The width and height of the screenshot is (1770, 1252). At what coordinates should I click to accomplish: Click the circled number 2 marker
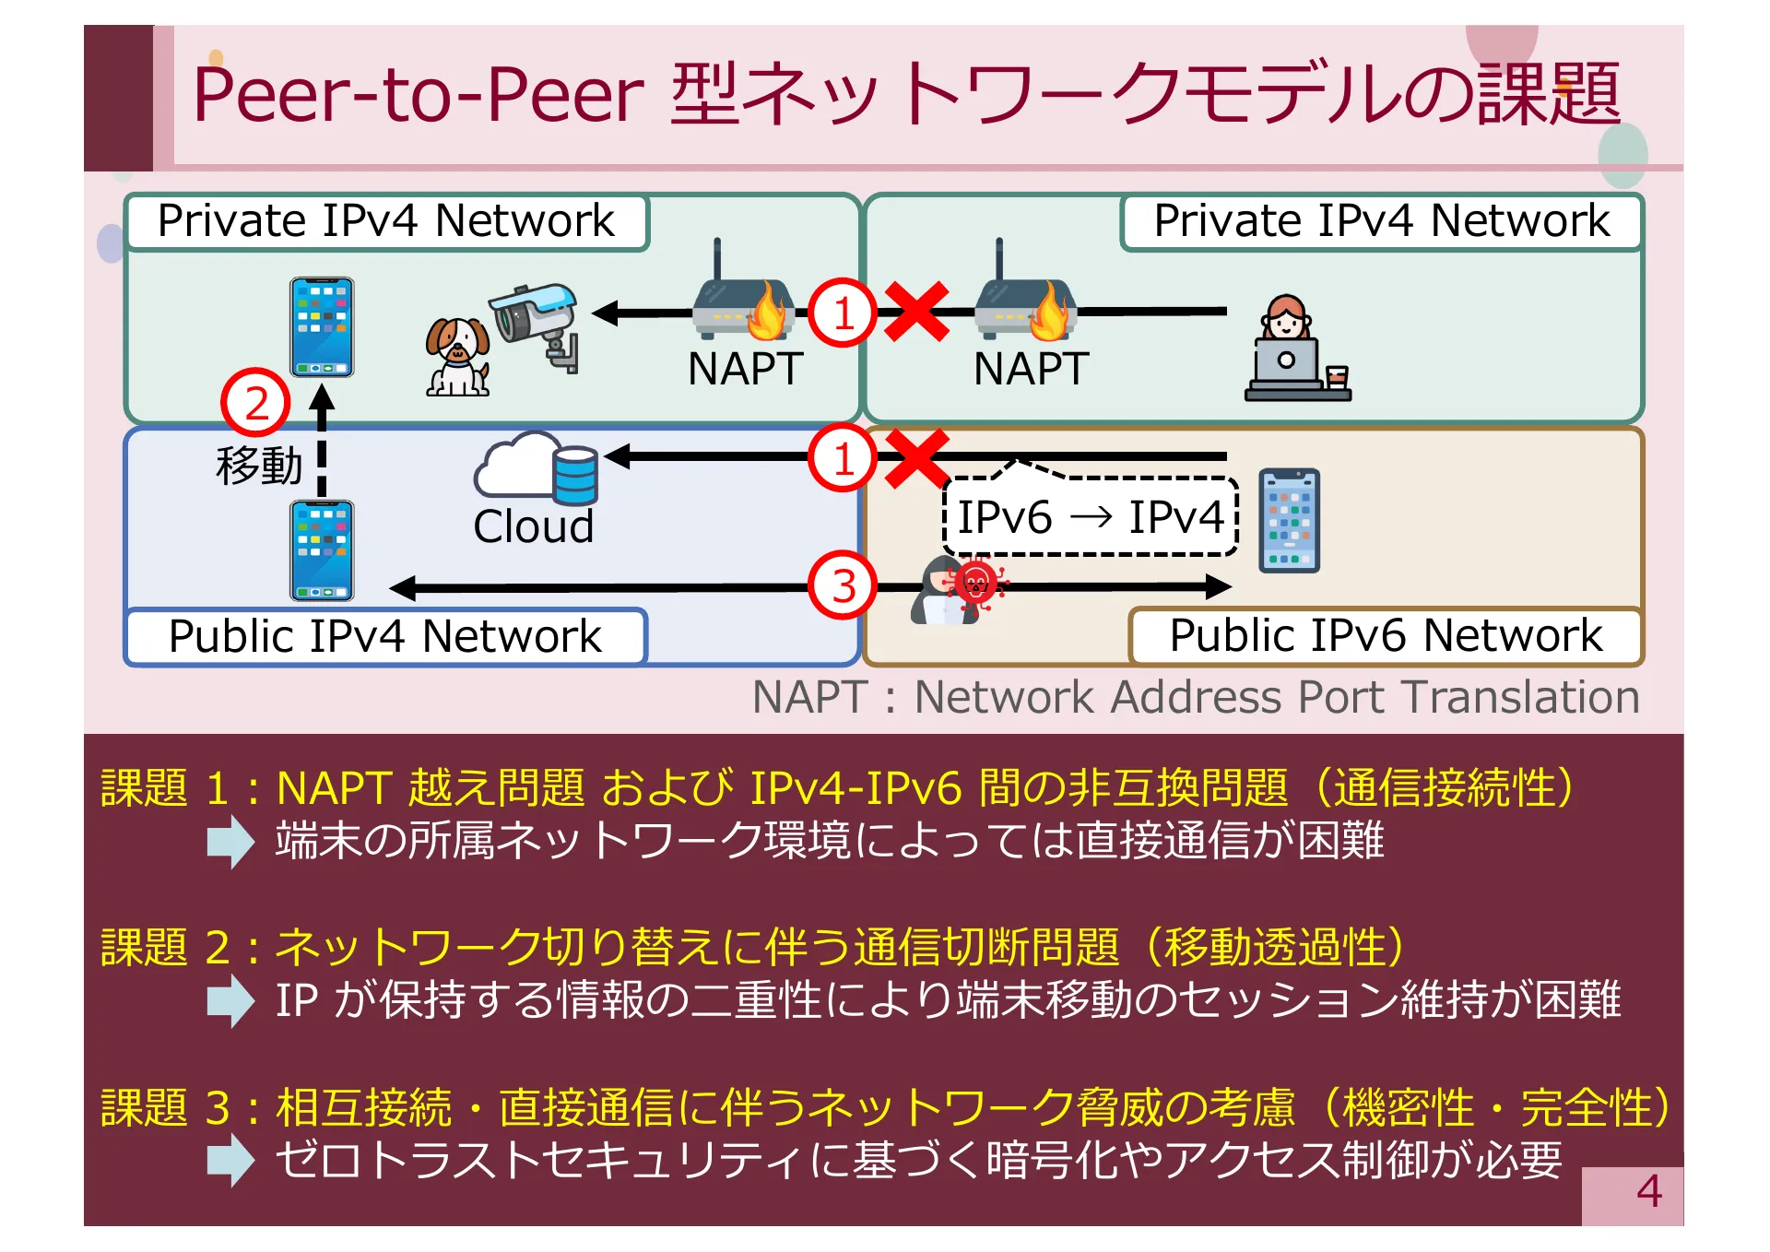(255, 404)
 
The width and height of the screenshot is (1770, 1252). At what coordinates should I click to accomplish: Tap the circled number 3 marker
(843, 585)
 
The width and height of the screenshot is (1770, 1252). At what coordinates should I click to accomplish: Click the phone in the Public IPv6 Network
(1289, 521)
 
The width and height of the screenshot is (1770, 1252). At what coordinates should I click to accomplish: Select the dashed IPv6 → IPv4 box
(1090, 516)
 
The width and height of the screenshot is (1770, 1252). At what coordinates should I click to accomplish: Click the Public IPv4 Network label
(385, 636)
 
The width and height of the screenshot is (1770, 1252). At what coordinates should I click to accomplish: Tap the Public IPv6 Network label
(1385, 635)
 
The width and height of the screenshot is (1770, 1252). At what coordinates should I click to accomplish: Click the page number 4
(1648, 1191)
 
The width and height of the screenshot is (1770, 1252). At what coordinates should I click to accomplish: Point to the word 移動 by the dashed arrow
(259, 465)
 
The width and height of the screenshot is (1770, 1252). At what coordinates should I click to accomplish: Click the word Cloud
(533, 527)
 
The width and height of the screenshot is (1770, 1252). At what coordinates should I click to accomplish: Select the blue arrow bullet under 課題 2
(230, 1001)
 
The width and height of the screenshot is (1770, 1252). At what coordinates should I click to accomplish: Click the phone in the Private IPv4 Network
(322, 327)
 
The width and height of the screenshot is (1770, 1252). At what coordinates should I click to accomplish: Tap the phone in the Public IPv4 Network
(322, 550)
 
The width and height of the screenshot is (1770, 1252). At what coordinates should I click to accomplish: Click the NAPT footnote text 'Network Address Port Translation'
(1276, 697)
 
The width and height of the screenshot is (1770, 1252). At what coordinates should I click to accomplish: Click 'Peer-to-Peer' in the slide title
(418, 95)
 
